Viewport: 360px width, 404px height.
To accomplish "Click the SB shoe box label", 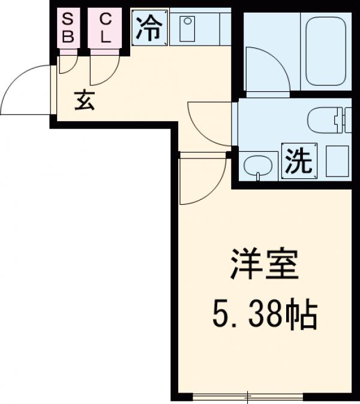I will click(68, 28).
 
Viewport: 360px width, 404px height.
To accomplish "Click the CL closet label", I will click(105, 28).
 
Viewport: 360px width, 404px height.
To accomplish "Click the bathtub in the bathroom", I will click(328, 53).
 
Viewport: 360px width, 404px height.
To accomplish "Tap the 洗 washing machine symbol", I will click(298, 161).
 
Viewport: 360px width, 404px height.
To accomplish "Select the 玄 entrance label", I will click(85, 102).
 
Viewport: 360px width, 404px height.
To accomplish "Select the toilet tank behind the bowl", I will click(342, 120).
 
